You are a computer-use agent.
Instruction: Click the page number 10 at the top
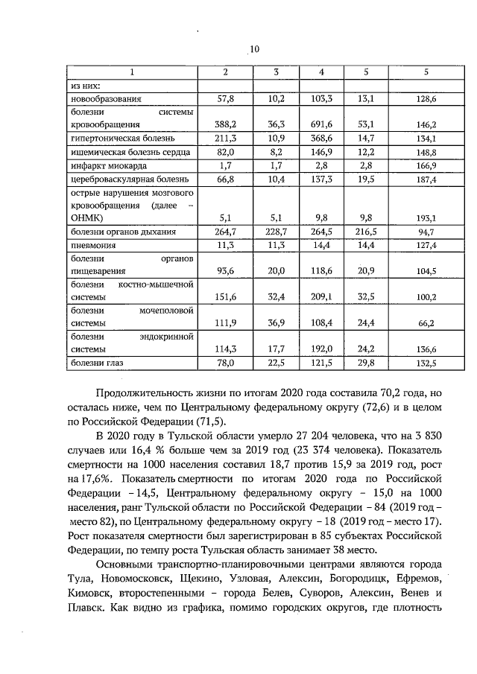coord(253,49)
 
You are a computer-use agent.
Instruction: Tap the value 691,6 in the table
coord(320,125)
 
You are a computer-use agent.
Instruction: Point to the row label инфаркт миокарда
coord(107,165)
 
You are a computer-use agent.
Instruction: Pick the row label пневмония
coord(92,246)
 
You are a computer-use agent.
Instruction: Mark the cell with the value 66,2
coord(425,324)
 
